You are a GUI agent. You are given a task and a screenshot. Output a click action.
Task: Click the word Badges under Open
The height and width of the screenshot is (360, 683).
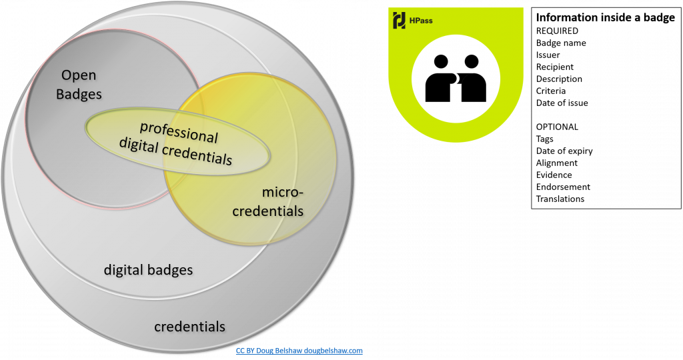tap(79, 94)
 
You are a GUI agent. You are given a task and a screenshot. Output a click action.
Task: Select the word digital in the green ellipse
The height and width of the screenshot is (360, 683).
tap(139, 143)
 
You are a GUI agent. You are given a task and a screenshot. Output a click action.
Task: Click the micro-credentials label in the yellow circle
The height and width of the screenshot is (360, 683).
tap(282, 202)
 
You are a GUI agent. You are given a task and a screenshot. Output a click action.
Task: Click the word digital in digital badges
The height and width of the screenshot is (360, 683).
tap(123, 270)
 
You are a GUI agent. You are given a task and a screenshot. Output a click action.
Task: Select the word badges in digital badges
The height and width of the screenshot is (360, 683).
tap(170, 270)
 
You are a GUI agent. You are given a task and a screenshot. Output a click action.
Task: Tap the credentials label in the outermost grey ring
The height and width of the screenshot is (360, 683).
tap(189, 327)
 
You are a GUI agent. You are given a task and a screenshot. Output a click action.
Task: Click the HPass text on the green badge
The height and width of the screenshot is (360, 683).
tap(422, 21)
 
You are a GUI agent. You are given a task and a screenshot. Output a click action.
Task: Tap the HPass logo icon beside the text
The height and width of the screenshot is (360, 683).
tap(400, 20)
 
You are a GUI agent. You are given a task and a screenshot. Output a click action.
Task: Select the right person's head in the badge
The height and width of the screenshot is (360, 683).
tap(471, 61)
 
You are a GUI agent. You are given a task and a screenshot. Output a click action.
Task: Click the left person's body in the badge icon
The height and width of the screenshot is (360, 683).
tap(439, 86)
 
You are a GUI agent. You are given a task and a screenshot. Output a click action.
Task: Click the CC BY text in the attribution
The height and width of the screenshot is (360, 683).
tap(245, 350)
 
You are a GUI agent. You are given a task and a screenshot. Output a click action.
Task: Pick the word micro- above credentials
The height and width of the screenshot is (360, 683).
tap(282, 193)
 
